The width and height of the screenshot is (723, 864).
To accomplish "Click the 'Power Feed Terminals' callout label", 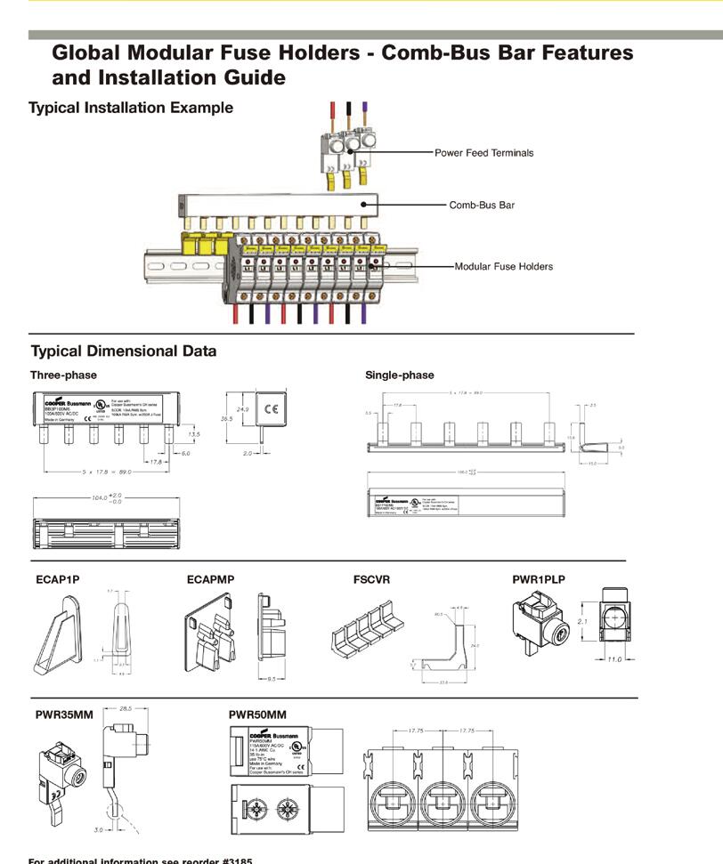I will (483, 153).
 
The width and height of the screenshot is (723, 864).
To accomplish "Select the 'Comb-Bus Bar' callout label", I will (481, 205).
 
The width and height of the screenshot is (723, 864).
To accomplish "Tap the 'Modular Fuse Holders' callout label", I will (503, 266).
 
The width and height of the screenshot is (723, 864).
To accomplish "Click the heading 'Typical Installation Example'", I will (131, 108).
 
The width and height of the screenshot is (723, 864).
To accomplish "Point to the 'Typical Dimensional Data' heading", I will (124, 351).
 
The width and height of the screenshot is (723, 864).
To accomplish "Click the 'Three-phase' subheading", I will (63, 375).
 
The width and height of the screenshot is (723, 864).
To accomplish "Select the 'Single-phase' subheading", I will (400, 375).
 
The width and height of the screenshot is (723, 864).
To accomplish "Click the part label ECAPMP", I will (210, 580).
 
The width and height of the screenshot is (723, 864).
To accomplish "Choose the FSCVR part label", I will (371, 580).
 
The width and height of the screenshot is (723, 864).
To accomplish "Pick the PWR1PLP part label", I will (538, 580).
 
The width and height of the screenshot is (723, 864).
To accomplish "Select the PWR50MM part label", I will (257, 715).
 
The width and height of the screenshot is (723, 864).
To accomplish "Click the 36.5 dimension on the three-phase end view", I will (226, 416).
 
